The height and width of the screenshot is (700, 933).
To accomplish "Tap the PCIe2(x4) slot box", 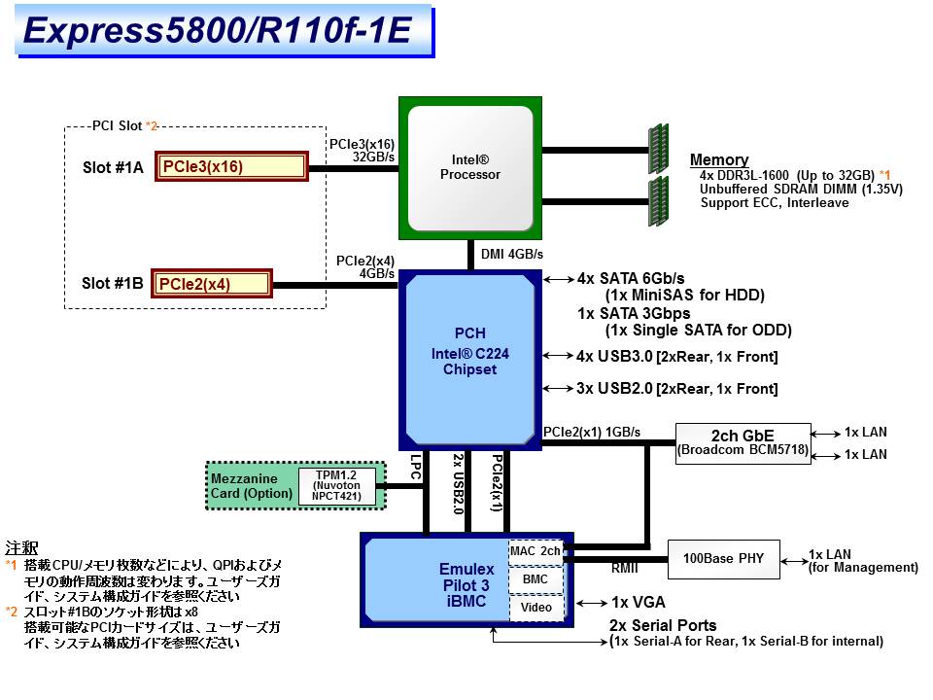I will pyautogui.click(x=211, y=284).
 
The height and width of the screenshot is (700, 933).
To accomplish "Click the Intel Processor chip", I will pyautogui.click(x=470, y=167).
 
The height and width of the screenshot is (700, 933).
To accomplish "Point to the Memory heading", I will pyautogui.click(x=718, y=159).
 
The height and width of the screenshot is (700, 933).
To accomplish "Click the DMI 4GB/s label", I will pyautogui.click(x=511, y=255).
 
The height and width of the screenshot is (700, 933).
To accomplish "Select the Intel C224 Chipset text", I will pyautogui.click(x=469, y=362).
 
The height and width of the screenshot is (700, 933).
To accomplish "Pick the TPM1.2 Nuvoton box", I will pyautogui.click(x=336, y=485).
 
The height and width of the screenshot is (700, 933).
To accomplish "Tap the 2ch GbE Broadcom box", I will pyautogui.click(x=743, y=441).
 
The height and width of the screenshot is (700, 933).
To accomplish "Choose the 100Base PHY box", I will pyautogui.click(x=724, y=559).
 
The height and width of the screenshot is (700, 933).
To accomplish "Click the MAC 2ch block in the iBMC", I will pyautogui.click(x=536, y=550).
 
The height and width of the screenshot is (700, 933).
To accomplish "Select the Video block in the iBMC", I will pyautogui.click(x=536, y=607).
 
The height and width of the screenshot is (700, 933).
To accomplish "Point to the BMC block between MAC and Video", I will pyautogui.click(x=536, y=578).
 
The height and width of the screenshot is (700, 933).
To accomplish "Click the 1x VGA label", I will pyautogui.click(x=639, y=602).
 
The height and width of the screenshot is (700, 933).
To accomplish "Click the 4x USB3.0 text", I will pyautogui.click(x=617, y=357).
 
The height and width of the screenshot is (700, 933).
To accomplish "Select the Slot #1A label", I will pyautogui.click(x=113, y=167).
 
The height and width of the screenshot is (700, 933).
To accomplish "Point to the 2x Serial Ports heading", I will pyautogui.click(x=663, y=625).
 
